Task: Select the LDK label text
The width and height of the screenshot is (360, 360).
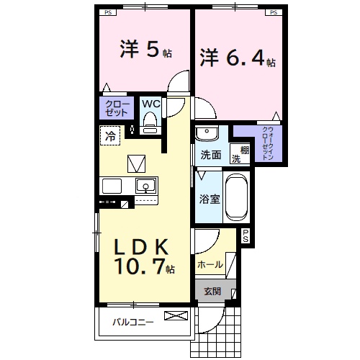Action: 142,247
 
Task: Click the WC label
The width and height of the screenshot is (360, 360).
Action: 150,104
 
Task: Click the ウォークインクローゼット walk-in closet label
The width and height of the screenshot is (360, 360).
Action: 266,142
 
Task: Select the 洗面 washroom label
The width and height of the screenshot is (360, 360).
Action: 210,155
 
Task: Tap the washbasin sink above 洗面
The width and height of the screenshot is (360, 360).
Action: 209,134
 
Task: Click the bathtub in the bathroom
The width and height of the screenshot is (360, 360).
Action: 236,197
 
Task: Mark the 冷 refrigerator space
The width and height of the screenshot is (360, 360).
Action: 111,135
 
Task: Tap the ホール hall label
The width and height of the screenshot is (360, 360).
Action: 210,264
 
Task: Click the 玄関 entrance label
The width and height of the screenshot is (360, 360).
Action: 211,292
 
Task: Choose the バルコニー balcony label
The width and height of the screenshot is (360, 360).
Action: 132,322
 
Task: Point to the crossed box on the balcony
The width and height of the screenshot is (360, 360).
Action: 175,316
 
